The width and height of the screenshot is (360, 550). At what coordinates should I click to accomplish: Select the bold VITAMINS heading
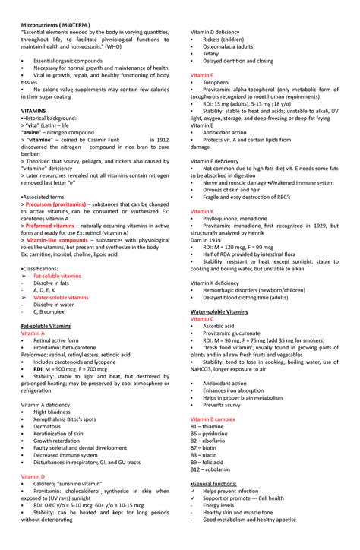click(34, 110)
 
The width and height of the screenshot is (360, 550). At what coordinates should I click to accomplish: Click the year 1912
click(160, 141)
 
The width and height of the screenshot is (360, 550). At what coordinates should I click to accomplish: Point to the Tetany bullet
click(210, 53)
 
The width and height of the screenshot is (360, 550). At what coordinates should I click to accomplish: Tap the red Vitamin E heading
click(202, 75)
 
